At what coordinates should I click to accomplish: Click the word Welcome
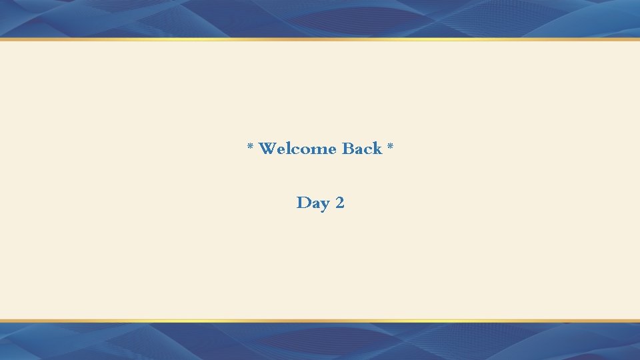point(297,149)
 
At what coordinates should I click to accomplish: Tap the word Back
point(362,149)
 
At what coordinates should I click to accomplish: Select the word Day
point(311,203)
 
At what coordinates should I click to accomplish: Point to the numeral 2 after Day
point(340,203)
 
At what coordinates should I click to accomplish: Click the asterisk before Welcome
point(251,146)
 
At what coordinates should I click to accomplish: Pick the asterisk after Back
point(391,146)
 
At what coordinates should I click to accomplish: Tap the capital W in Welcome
point(267,149)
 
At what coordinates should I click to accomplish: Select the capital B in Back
point(348,149)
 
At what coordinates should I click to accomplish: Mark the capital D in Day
point(303,203)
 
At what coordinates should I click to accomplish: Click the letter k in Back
point(377,149)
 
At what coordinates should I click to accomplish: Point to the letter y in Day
point(323,204)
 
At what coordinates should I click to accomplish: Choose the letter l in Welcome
point(287,149)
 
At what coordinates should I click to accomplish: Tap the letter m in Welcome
point(316,150)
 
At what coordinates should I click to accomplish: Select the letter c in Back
point(368,150)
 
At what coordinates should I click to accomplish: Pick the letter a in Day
point(314,204)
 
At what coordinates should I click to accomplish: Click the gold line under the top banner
point(320,39)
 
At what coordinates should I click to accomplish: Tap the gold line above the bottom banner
point(320,321)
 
